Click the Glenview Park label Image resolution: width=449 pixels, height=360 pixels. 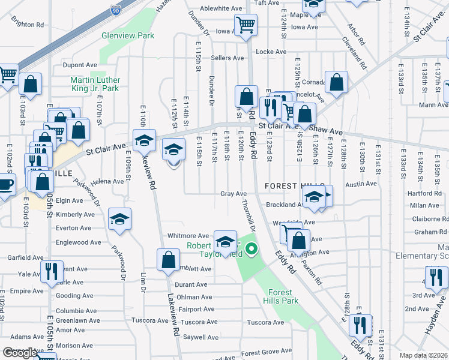coord(128,36)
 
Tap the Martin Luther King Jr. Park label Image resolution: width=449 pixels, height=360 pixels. coord(95,85)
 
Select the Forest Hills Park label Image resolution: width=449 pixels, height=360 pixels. coord(281,296)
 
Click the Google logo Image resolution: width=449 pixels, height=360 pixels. coord(20,353)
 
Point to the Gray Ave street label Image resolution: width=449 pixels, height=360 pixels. coord(234,194)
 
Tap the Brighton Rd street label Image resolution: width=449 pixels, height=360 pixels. coord(28,25)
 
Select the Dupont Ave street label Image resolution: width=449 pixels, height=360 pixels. coord(80,65)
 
